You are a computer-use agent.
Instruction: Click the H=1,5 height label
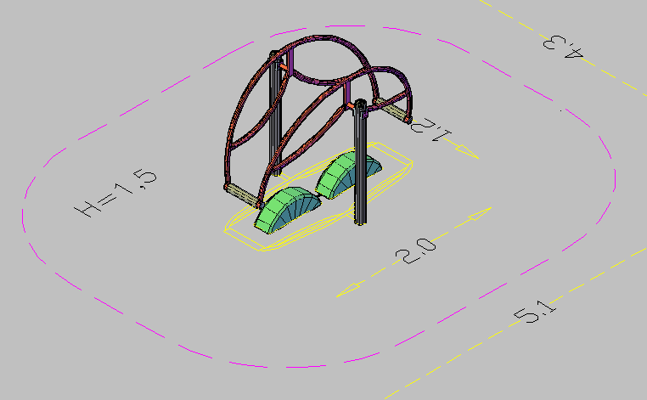coord(116,193)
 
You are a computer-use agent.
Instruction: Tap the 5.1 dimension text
coord(535,312)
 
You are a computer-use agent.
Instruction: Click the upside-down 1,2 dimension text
coord(430,130)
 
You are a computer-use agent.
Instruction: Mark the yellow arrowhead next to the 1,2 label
coord(467,151)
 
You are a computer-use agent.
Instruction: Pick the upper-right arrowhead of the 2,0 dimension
coord(480,213)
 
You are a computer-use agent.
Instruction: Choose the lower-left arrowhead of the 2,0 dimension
coord(349,290)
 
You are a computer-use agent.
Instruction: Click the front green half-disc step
coord(288,210)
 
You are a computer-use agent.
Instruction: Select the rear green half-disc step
coord(349,174)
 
